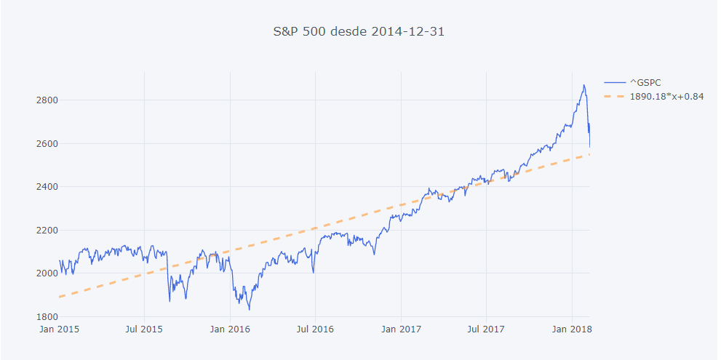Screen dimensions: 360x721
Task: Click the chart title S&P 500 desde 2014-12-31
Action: (358, 31)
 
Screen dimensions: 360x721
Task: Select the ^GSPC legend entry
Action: (645, 83)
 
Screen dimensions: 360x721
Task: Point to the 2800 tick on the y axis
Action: (46, 100)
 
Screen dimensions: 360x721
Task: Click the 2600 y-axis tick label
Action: (46, 143)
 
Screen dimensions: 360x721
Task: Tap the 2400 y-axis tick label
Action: (46, 187)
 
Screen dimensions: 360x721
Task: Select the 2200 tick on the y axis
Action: (46, 230)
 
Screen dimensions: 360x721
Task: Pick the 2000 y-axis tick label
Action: (46, 273)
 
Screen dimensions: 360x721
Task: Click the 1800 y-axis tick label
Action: (46, 317)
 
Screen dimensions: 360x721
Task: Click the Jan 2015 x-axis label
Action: (59, 329)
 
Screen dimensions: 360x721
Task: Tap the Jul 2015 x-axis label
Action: (144, 329)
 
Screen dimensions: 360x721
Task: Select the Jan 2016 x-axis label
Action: (230, 329)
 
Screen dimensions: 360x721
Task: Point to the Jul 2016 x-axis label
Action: (315, 329)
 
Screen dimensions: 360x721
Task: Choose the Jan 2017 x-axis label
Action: (401, 329)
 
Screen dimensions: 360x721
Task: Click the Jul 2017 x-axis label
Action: (485, 329)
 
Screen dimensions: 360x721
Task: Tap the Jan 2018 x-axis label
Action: (571, 329)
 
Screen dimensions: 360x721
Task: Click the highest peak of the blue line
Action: (583, 85)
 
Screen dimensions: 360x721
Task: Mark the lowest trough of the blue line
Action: (250, 311)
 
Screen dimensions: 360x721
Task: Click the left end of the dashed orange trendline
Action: (60, 297)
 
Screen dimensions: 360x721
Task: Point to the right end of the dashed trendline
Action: (589, 154)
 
